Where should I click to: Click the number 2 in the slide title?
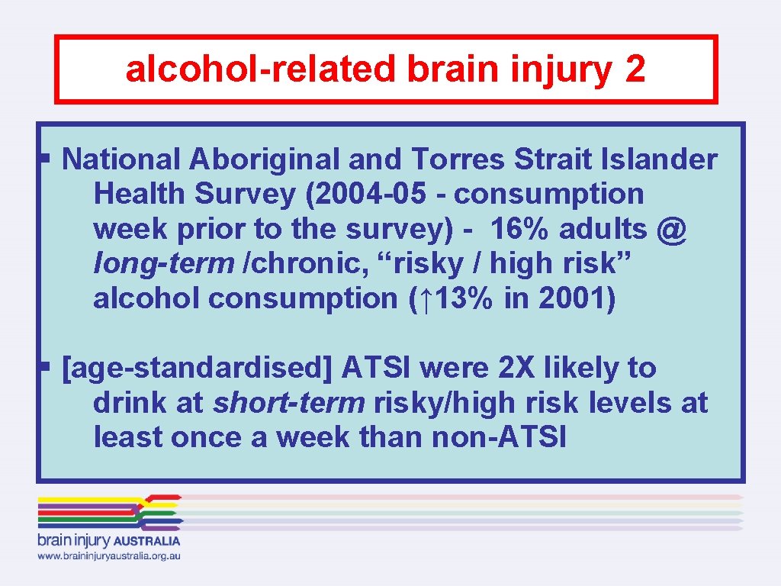click(634, 69)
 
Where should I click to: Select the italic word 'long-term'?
click(163, 264)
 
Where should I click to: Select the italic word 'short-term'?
click(289, 403)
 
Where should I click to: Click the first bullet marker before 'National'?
click(45, 159)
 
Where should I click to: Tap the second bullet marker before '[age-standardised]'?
click(45, 368)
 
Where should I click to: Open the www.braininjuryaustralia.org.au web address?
click(109, 556)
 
